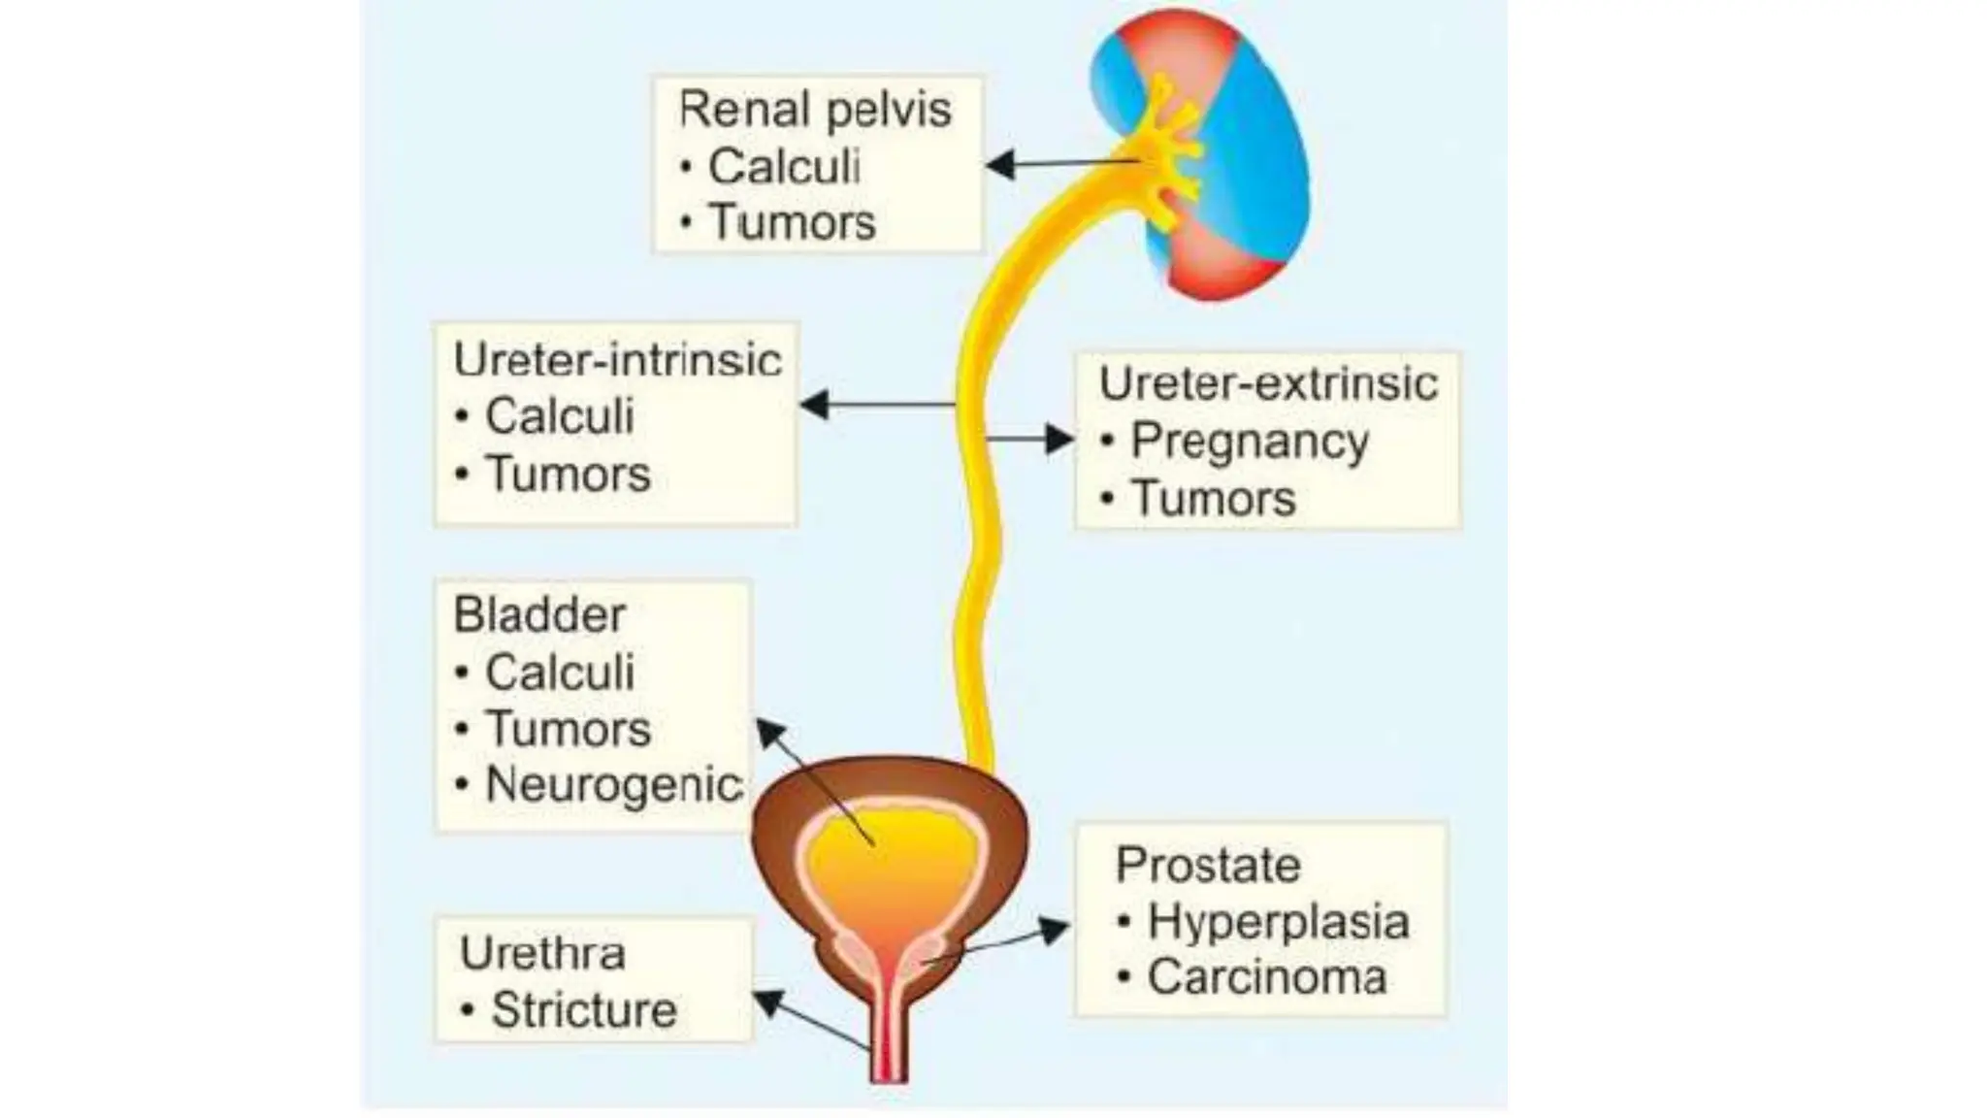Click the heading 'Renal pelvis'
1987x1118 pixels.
coord(814,110)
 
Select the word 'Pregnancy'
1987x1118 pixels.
coord(1250,442)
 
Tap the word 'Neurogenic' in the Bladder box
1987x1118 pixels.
coord(613,785)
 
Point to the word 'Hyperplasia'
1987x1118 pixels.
coord(1278,921)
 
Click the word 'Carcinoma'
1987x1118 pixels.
coord(1266,977)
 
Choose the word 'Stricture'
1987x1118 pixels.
coord(583,1010)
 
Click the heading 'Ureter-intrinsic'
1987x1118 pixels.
coord(617,361)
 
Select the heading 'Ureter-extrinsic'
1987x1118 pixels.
coord(1267,383)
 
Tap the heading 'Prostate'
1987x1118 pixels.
coord(1208,865)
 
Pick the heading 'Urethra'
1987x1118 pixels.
coord(542,953)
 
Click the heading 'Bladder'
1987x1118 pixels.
coord(539,615)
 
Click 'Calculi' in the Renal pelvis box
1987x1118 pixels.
coord(784,166)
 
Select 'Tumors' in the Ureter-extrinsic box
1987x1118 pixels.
coord(1213,499)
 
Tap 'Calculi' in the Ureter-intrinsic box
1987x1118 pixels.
coord(560,417)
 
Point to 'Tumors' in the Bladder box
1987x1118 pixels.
coord(568,729)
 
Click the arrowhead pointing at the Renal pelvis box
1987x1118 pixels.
coord(1000,165)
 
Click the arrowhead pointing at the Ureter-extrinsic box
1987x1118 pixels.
coord(1059,439)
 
